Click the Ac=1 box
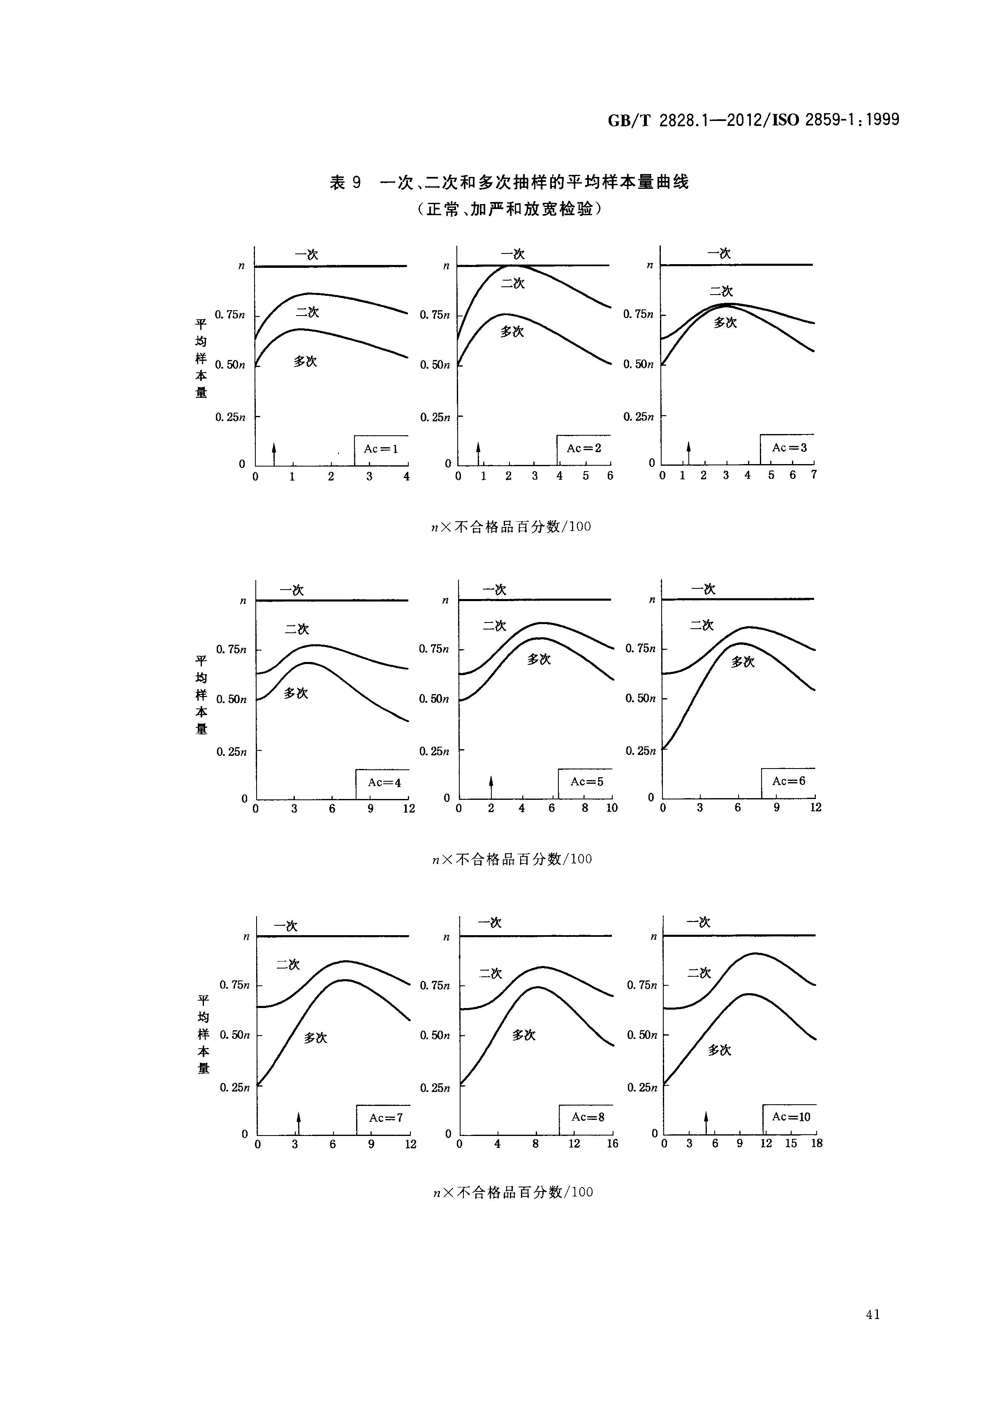pos(381,449)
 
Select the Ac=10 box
pos(790,1117)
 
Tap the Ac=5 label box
pos(586,782)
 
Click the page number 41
pos(873,1315)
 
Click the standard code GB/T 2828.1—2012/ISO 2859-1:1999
pos(753,120)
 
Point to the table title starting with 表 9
pos(509,182)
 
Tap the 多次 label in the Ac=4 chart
pos(296,693)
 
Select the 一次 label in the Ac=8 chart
pos(490,922)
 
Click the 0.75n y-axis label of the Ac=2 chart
pos(435,315)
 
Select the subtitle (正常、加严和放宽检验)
pos(509,209)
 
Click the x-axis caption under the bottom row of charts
pos(513,1192)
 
